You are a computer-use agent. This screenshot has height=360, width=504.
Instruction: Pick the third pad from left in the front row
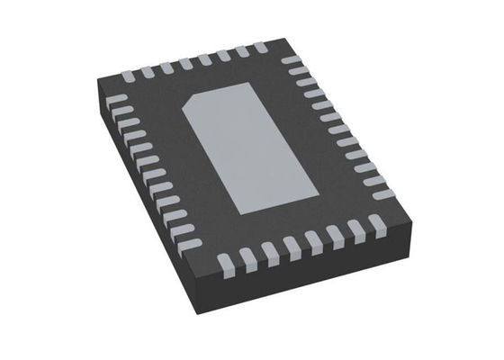(x=267, y=250)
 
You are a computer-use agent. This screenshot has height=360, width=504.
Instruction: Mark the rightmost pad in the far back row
(x=259, y=46)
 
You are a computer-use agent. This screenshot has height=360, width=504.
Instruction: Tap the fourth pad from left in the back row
(x=184, y=63)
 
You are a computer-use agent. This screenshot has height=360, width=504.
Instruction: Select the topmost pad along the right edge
(x=290, y=60)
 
